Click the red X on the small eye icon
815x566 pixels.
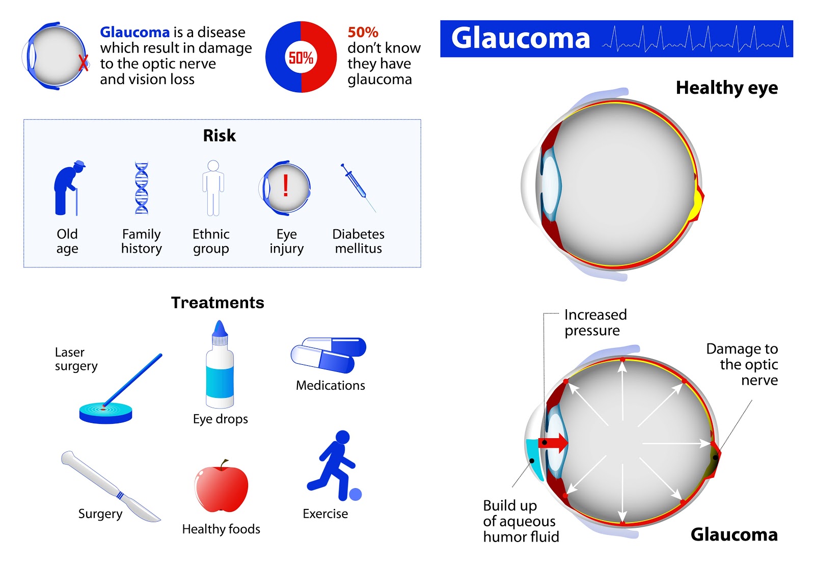point(83,63)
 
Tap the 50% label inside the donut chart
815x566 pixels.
point(301,58)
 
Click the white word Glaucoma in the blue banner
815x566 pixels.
point(521,38)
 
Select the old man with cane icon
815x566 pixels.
point(68,188)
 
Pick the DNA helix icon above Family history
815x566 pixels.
point(142,188)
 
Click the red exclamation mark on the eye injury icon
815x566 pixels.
point(286,185)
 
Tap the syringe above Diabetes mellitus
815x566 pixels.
point(358,186)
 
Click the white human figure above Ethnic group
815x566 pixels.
point(213,188)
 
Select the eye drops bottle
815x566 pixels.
point(220,368)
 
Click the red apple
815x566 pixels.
point(221,488)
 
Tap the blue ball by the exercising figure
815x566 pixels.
point(356,494)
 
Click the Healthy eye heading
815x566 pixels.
point(726,88)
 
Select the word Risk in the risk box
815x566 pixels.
point(220,136)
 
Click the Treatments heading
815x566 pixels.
point(218,303)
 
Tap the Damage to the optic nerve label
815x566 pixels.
point(743,364)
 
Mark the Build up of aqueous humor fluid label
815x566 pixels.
point(521,521)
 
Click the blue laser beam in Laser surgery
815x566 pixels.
point(133,380)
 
